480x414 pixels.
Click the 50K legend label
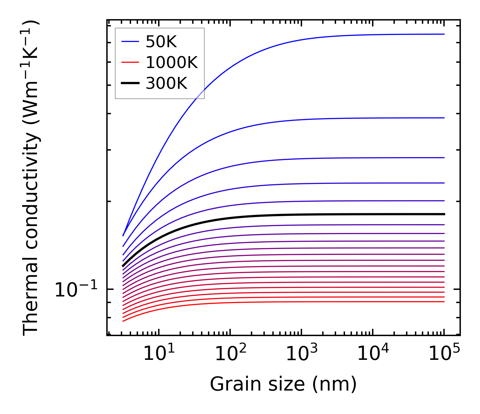(161, 42)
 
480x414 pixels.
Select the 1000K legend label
(171, 63)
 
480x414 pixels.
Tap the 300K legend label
(166, 84)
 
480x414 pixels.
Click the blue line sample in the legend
(130, 42)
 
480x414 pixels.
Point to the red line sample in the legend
(130, 62)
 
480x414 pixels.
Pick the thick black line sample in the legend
(130, 83)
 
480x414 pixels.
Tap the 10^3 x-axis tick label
(301, 354)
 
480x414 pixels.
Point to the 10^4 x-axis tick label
(373, 354)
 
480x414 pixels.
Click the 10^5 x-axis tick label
(444, 354)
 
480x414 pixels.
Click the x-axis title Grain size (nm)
(283, 384)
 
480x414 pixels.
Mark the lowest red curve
(264, 302)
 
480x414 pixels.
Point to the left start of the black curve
(123, 266)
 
